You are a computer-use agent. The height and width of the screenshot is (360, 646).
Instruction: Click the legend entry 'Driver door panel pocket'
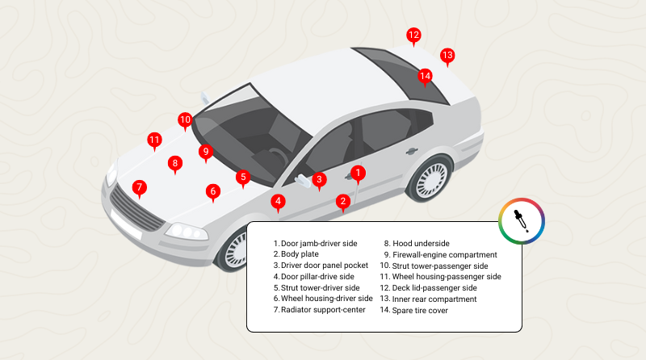coord(321,265)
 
